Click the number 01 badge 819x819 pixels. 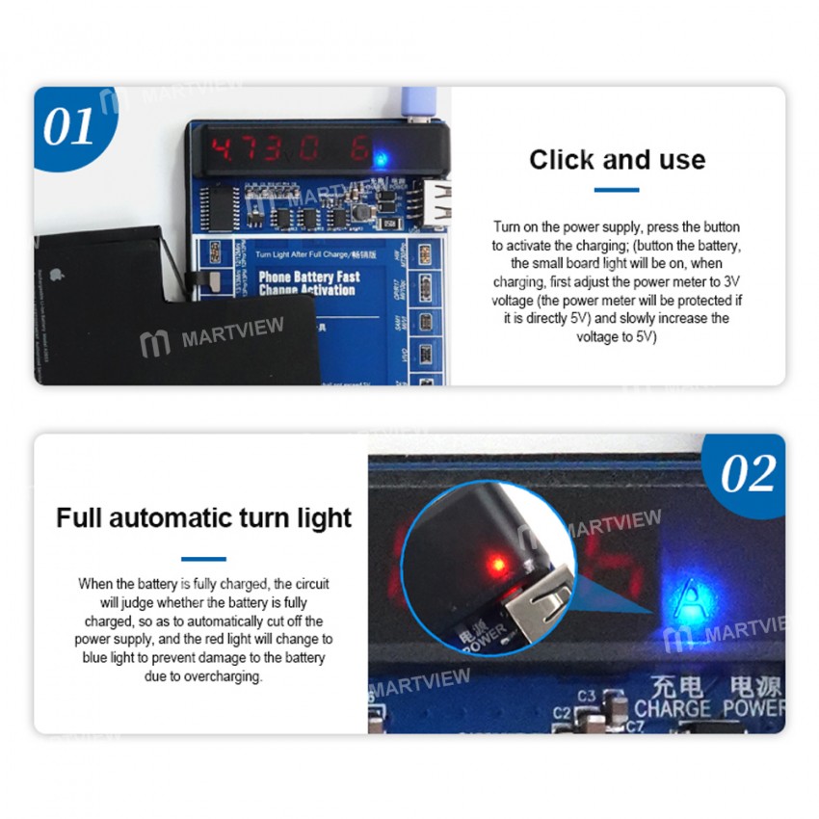pyautogui.click(x=69, y=126)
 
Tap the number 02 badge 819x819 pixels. pyautogui.click(x=749, y=473)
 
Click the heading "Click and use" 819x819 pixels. pyautogui.click(x=617, y=160)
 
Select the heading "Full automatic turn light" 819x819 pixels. pyautogui.click(x=203, y=518)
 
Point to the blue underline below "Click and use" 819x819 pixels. pyautogui.click(x=617, y=190)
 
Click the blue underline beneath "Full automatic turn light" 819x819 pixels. pyautogui.click(x=203, y=558)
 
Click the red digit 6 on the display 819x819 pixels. pyautogui.click(x=359, y=150)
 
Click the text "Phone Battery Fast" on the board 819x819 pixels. pyautogui.click(x=308, y=277)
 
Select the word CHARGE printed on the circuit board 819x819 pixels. pyautogui.click(x=671, y=708)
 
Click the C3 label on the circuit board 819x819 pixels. pyautogui.click(x=587, y=696)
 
